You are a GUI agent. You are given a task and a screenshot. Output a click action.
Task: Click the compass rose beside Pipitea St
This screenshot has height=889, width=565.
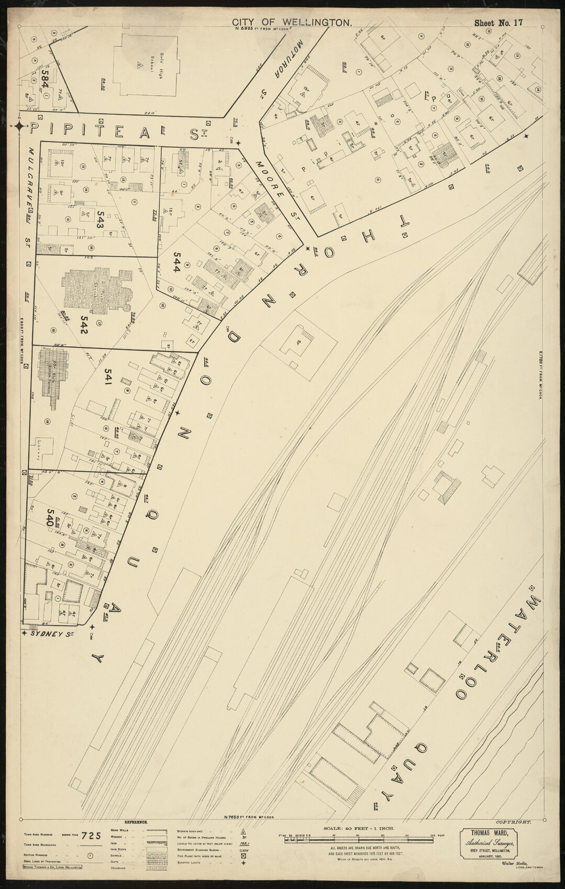point(19,126)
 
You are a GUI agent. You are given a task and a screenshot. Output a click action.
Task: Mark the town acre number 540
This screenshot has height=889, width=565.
point(51,518)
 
